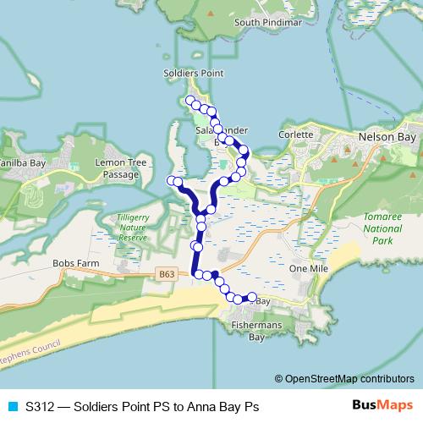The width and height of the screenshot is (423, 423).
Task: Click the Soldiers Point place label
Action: tap(193, 74)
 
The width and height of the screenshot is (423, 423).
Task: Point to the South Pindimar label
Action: tap(268, 23)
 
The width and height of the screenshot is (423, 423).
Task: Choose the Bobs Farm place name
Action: tap(76, 263)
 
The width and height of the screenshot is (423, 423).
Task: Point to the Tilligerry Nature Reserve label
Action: tap(133, 228)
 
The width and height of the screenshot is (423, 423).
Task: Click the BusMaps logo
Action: tap(382, 406)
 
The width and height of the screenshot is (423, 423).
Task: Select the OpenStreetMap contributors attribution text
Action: tap(343, 379)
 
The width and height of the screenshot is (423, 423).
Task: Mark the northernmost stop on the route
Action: tap(190, 101)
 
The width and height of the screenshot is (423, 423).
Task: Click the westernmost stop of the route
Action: tap(172, 180)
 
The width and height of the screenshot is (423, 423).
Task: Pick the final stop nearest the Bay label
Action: tap(251, 296)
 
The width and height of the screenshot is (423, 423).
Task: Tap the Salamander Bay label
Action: tap(222, 136)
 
